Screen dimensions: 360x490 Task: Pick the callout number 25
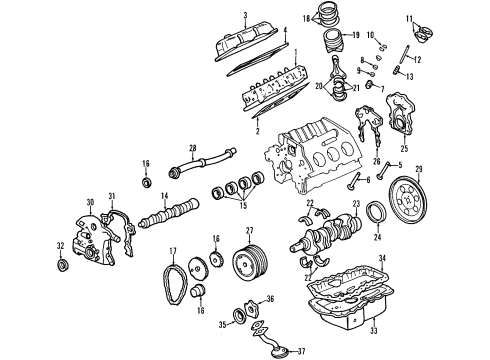404,148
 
